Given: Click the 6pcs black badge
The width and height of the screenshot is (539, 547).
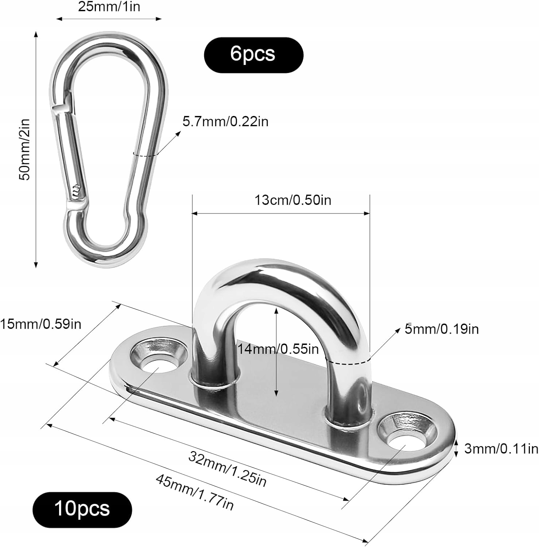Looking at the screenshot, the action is (253, 55).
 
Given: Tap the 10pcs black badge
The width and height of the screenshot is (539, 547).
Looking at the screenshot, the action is (82, 509).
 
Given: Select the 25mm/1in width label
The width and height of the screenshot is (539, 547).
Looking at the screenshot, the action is (109, 7).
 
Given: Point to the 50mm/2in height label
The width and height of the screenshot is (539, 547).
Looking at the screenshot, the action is (25, 149).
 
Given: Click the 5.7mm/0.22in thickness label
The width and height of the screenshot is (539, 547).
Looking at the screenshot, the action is (225, 121).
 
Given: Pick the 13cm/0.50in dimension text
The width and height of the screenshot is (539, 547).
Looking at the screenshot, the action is (293, 200).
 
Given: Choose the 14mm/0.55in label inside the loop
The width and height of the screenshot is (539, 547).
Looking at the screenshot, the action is (278, 349).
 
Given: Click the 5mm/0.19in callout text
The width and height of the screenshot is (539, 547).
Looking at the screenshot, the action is (442, 329).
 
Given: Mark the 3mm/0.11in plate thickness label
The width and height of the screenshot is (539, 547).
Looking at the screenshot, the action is (501, 449).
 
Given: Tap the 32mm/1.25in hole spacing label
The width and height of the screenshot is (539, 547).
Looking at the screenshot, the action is (228, 469).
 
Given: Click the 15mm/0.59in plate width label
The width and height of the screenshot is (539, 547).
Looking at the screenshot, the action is (40, 324).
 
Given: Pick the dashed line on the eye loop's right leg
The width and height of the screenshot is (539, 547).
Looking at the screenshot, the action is (348, 362).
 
